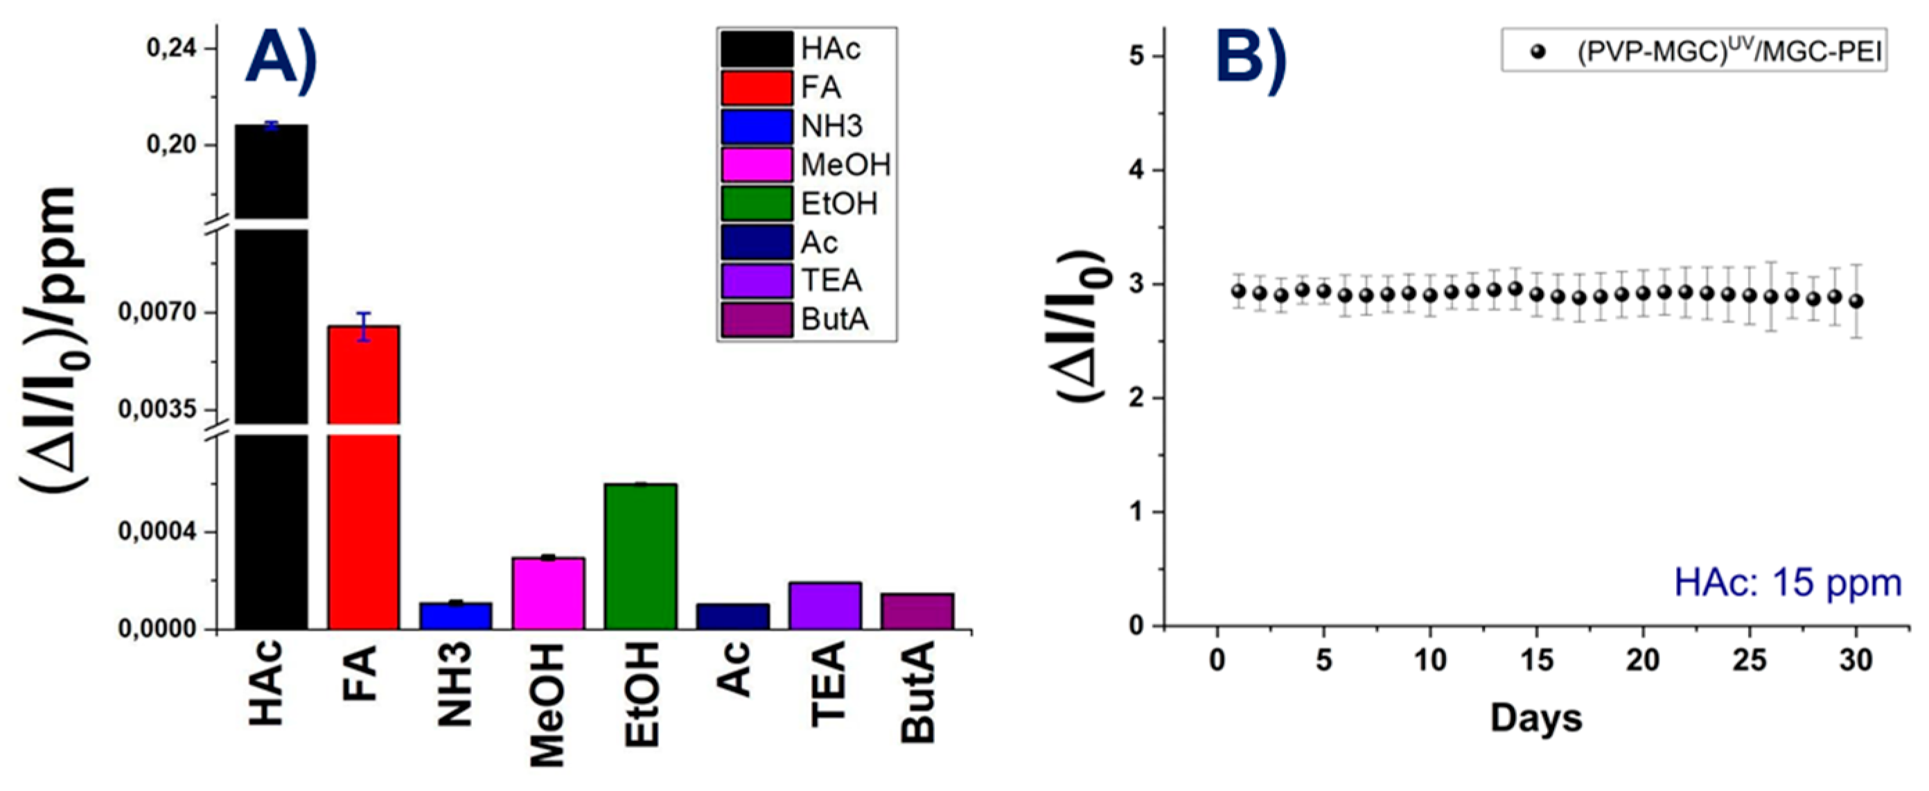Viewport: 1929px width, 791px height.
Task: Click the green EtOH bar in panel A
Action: point(641,556)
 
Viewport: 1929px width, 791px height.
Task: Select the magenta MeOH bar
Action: point(548,593)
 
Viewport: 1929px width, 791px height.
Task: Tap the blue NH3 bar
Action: point(455,616)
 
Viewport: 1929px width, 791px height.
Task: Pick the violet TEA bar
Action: point(825,605)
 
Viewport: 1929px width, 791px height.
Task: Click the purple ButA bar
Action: point(917,611)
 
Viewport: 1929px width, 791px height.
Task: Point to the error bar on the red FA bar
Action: point(364,327)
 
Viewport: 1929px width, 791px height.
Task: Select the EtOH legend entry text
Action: point(838,204)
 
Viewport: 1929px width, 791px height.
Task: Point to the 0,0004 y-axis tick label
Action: point(157,532)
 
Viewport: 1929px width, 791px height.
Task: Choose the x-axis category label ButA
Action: point(918,693)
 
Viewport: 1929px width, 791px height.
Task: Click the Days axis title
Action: point(1536,718)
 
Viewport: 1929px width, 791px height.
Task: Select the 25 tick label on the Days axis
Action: point(1750,661)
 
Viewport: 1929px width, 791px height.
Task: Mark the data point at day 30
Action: point(1856,301)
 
